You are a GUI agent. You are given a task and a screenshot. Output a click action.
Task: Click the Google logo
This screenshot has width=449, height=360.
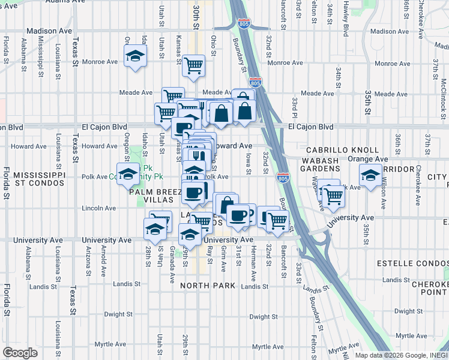(x=20, y=353)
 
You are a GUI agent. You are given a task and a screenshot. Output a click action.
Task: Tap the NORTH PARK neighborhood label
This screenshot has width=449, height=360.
(x=211, y=286)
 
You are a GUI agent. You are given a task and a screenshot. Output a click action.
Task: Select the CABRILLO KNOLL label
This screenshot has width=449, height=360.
(x=342, y=150)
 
